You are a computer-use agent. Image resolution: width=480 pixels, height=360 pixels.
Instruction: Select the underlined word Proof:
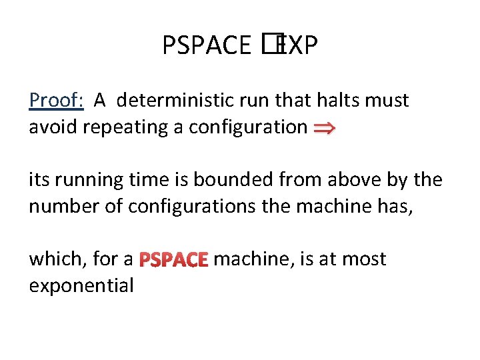[56, 101]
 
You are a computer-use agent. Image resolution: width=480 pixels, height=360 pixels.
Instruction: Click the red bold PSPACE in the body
[175, 259]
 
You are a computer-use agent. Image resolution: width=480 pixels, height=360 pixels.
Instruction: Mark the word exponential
[81, 285]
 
